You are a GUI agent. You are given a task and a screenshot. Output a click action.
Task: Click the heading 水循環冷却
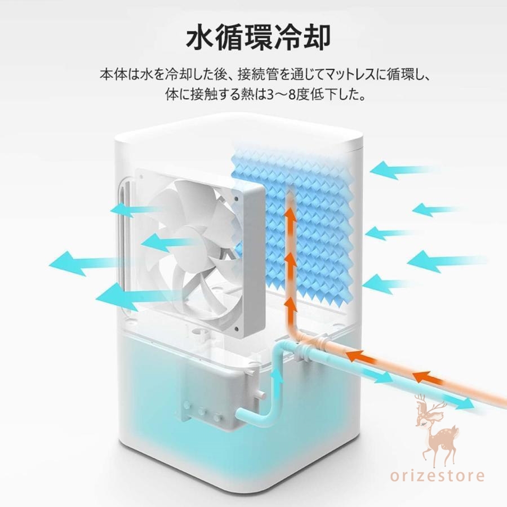[258, 38]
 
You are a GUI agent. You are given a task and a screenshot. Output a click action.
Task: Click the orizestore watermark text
[437, 475]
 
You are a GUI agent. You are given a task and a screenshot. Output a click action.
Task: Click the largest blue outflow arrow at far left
[82, 263]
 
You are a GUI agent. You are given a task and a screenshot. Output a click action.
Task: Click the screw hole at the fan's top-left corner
[141, 176]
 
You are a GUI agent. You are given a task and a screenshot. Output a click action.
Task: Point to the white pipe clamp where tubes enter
[307, 350]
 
